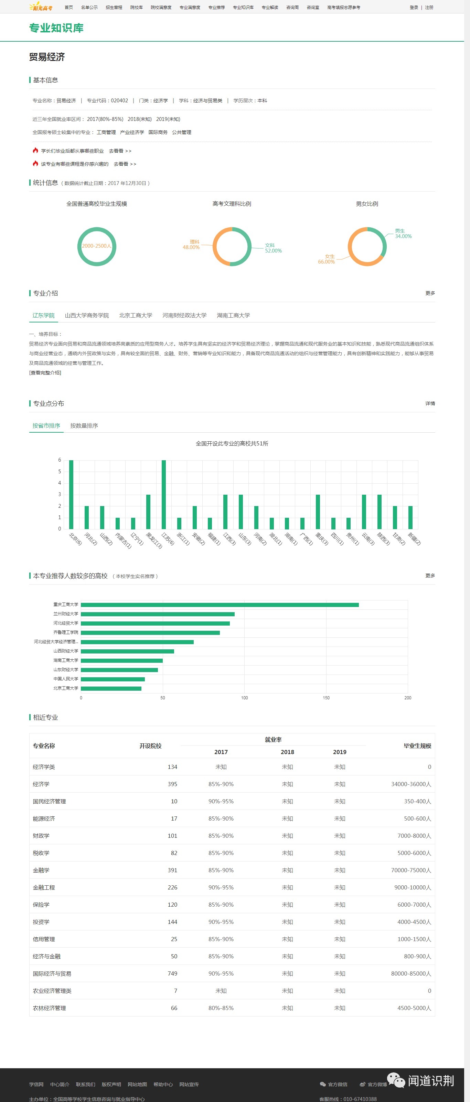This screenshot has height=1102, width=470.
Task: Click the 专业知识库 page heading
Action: [56, 28]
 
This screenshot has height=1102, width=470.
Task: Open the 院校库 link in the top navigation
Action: [136, 7]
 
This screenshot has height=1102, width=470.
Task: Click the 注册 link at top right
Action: [429, 7]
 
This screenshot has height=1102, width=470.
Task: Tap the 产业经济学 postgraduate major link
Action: [132, 132]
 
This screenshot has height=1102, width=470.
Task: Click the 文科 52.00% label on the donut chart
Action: [273, 248]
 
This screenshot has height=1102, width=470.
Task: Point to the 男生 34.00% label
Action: [403, 234]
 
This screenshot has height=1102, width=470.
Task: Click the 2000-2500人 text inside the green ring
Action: [97, 246]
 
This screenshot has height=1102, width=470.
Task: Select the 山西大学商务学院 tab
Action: [87, 315]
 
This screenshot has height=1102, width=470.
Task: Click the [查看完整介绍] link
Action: [45, 373]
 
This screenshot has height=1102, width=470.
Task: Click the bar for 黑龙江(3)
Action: [148, 512]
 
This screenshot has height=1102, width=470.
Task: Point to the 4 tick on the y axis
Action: [60, 483]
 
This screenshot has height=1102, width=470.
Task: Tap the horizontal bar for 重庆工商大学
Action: [220, 605]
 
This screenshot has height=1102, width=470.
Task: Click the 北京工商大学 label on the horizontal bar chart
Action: [66, 688]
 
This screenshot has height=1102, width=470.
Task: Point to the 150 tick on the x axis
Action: [326, 698]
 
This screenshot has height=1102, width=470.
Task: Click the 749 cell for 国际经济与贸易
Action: [172, 973]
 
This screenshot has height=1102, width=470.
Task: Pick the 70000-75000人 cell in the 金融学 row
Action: [410, 870]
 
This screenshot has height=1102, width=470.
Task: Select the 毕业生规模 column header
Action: [417, 746]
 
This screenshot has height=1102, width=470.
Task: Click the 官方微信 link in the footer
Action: [337, 1084]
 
